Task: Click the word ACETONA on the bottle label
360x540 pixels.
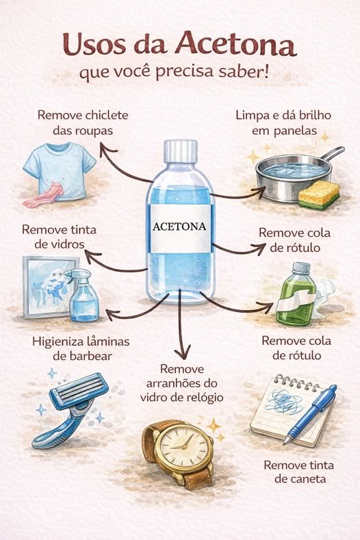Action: point(179,227)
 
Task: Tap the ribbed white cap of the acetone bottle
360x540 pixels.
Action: point(181,151)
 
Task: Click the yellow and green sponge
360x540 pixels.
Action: point(319,195)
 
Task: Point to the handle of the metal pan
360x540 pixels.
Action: point(331,154)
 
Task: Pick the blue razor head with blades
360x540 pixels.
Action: point(79,391)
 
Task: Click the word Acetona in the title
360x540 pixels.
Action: point(237,44)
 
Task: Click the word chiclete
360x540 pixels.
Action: point(107,115)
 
